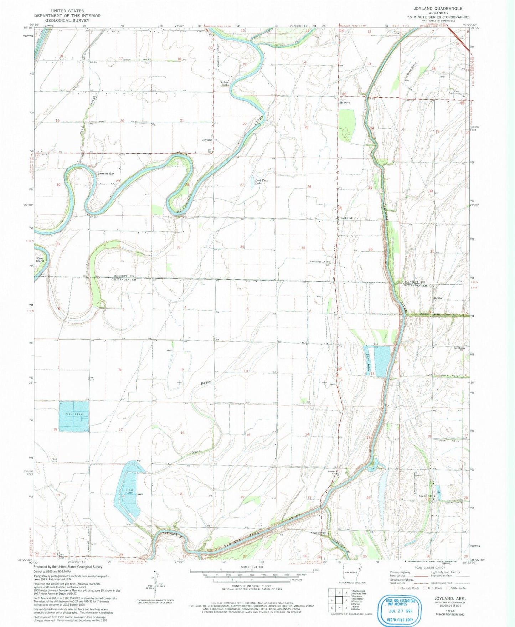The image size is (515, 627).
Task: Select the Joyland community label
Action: pyautogui.click(x=207, y=140)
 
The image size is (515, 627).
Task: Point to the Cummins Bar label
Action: pyautogui.click(x=105, y=174)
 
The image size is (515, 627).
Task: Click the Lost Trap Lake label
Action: pyautogui.click(x=262, y=181)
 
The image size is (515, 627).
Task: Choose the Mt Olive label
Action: pyautogui.click(x=345, y=102)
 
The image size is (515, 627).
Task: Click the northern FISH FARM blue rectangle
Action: pyautogui.click(x=74, y=416)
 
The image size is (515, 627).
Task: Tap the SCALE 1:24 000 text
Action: pyautogui.click(x=252, y=567)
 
